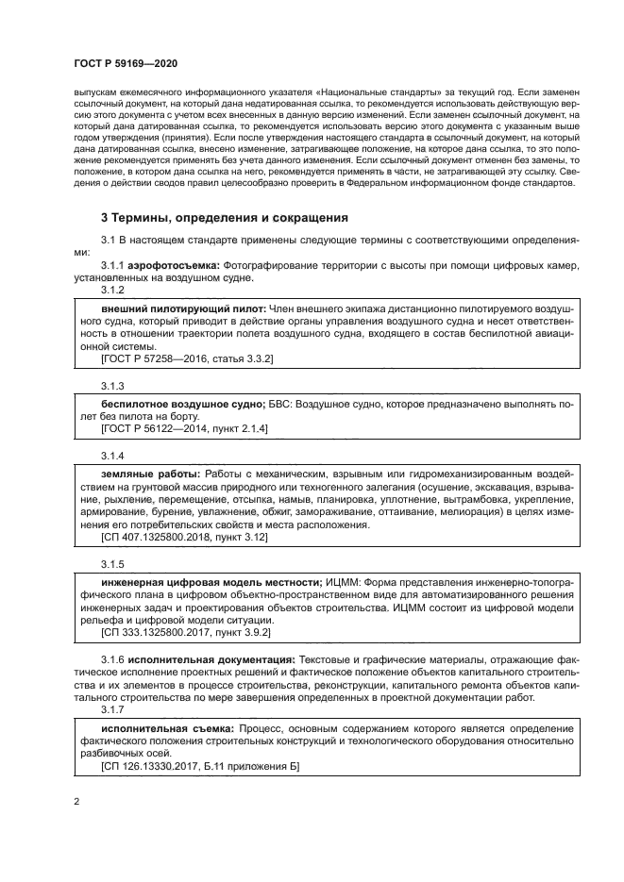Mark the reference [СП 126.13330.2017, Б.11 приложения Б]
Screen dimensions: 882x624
[x=199, y=767]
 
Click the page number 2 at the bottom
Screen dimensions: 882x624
[x=77, y=803]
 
